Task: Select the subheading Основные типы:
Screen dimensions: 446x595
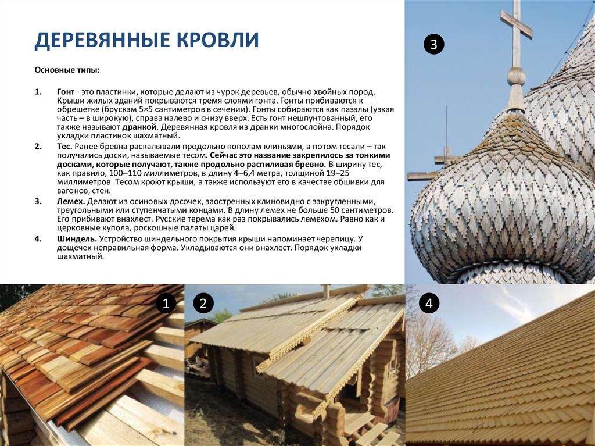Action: point(67,70)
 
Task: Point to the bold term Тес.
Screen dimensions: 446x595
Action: point(64,146)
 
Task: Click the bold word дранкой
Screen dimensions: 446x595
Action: point(139,126)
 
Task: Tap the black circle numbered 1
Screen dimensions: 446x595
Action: point(165,303)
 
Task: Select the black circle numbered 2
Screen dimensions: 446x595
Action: point(203,303)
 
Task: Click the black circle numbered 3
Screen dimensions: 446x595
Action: point(433,44)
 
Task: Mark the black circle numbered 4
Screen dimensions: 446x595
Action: point(429,303)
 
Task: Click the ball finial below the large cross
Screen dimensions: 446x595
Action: point(515,76)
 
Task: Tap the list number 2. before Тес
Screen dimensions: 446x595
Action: point(38,146)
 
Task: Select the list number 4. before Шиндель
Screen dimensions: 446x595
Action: point(38,238)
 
